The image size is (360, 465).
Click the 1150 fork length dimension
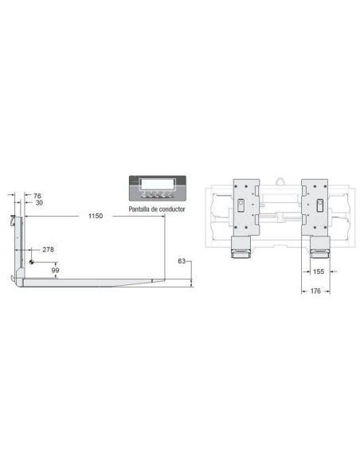tap(96, 216)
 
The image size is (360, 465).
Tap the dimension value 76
tap(37, 196)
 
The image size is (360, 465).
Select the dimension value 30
tap(39, 203)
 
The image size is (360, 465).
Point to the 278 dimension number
tap(48, 249)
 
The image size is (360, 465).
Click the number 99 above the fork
tap(56, 270)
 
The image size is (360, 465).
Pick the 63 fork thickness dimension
tap(182, 261)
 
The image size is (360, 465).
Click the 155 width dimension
tap(319, 272)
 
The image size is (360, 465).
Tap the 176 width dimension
tap(315, 291)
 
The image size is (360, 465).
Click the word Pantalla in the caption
tap(139, 209)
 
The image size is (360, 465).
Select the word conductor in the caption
tap(172, 209)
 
